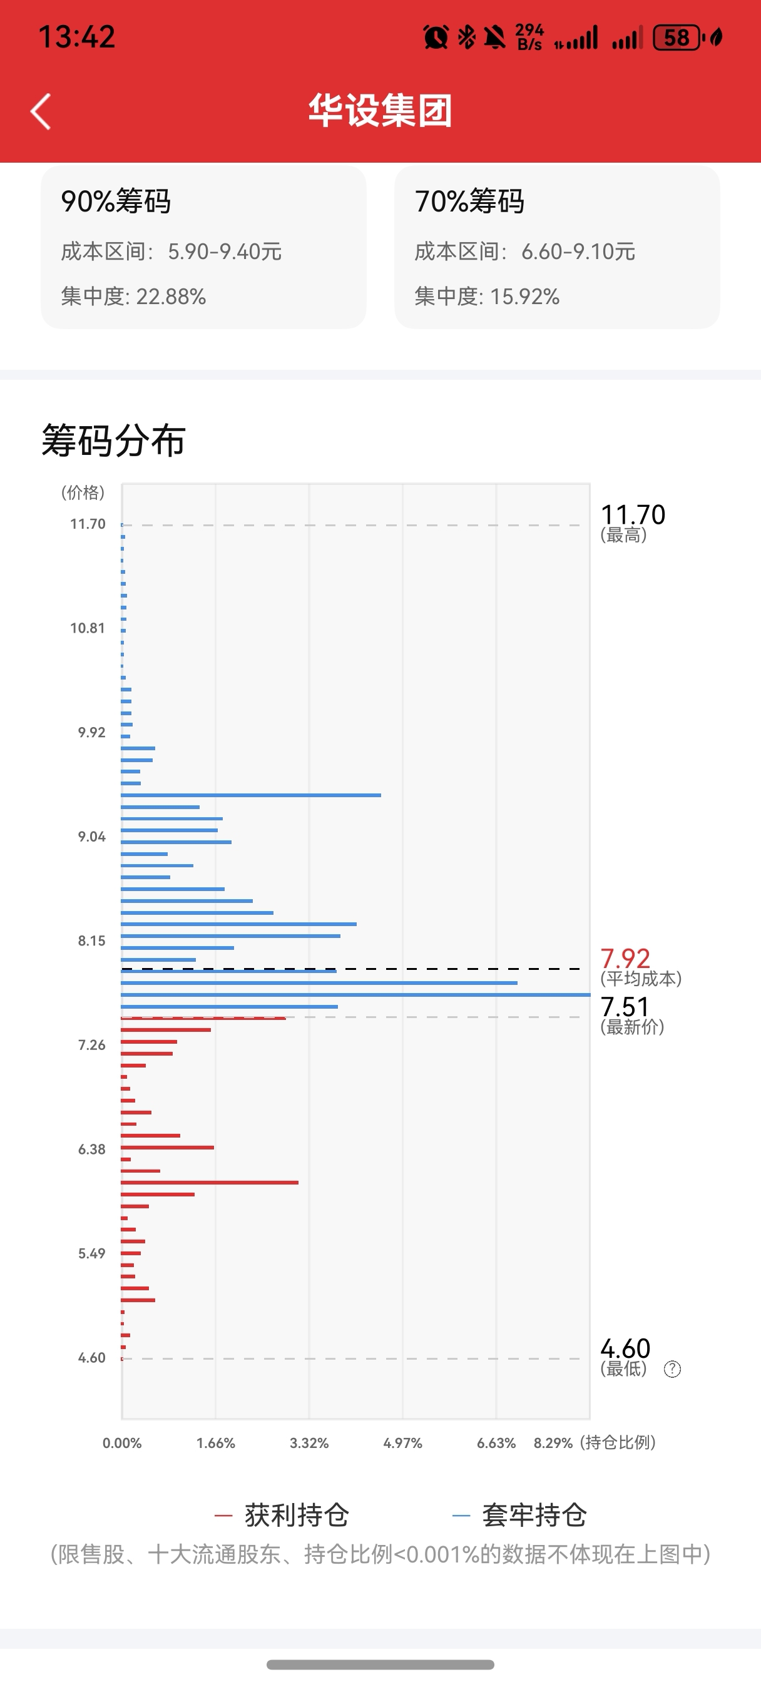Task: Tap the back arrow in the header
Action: [x=41, y=111]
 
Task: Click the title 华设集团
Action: [x=380, y=110]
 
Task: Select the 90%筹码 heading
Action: [x=116, y=201]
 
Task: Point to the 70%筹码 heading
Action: [x=469, y=201]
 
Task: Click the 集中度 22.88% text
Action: [x=133, y=297]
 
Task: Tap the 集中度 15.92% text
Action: [x=487, y=297]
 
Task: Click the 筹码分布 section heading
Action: [x=114, y=440]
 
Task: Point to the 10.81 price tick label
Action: [x=88, y=628]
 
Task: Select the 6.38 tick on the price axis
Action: [x=91, y=1149]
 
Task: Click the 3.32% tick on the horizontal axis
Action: [x=309, y=1443]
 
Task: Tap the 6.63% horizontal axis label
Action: [x=496, y=1443]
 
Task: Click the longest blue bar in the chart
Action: [x=355, y=994]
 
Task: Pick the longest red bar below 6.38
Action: [x=209, y=1183]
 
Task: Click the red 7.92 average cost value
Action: [x=625, y=959]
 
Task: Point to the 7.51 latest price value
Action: [x=625, y=1007]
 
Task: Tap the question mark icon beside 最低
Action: [x=672, y=1369]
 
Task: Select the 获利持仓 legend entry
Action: [x=282, y=1515]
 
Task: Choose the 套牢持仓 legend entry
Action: [x=520, y=1515]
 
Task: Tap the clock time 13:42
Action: [x=76, y=36]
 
